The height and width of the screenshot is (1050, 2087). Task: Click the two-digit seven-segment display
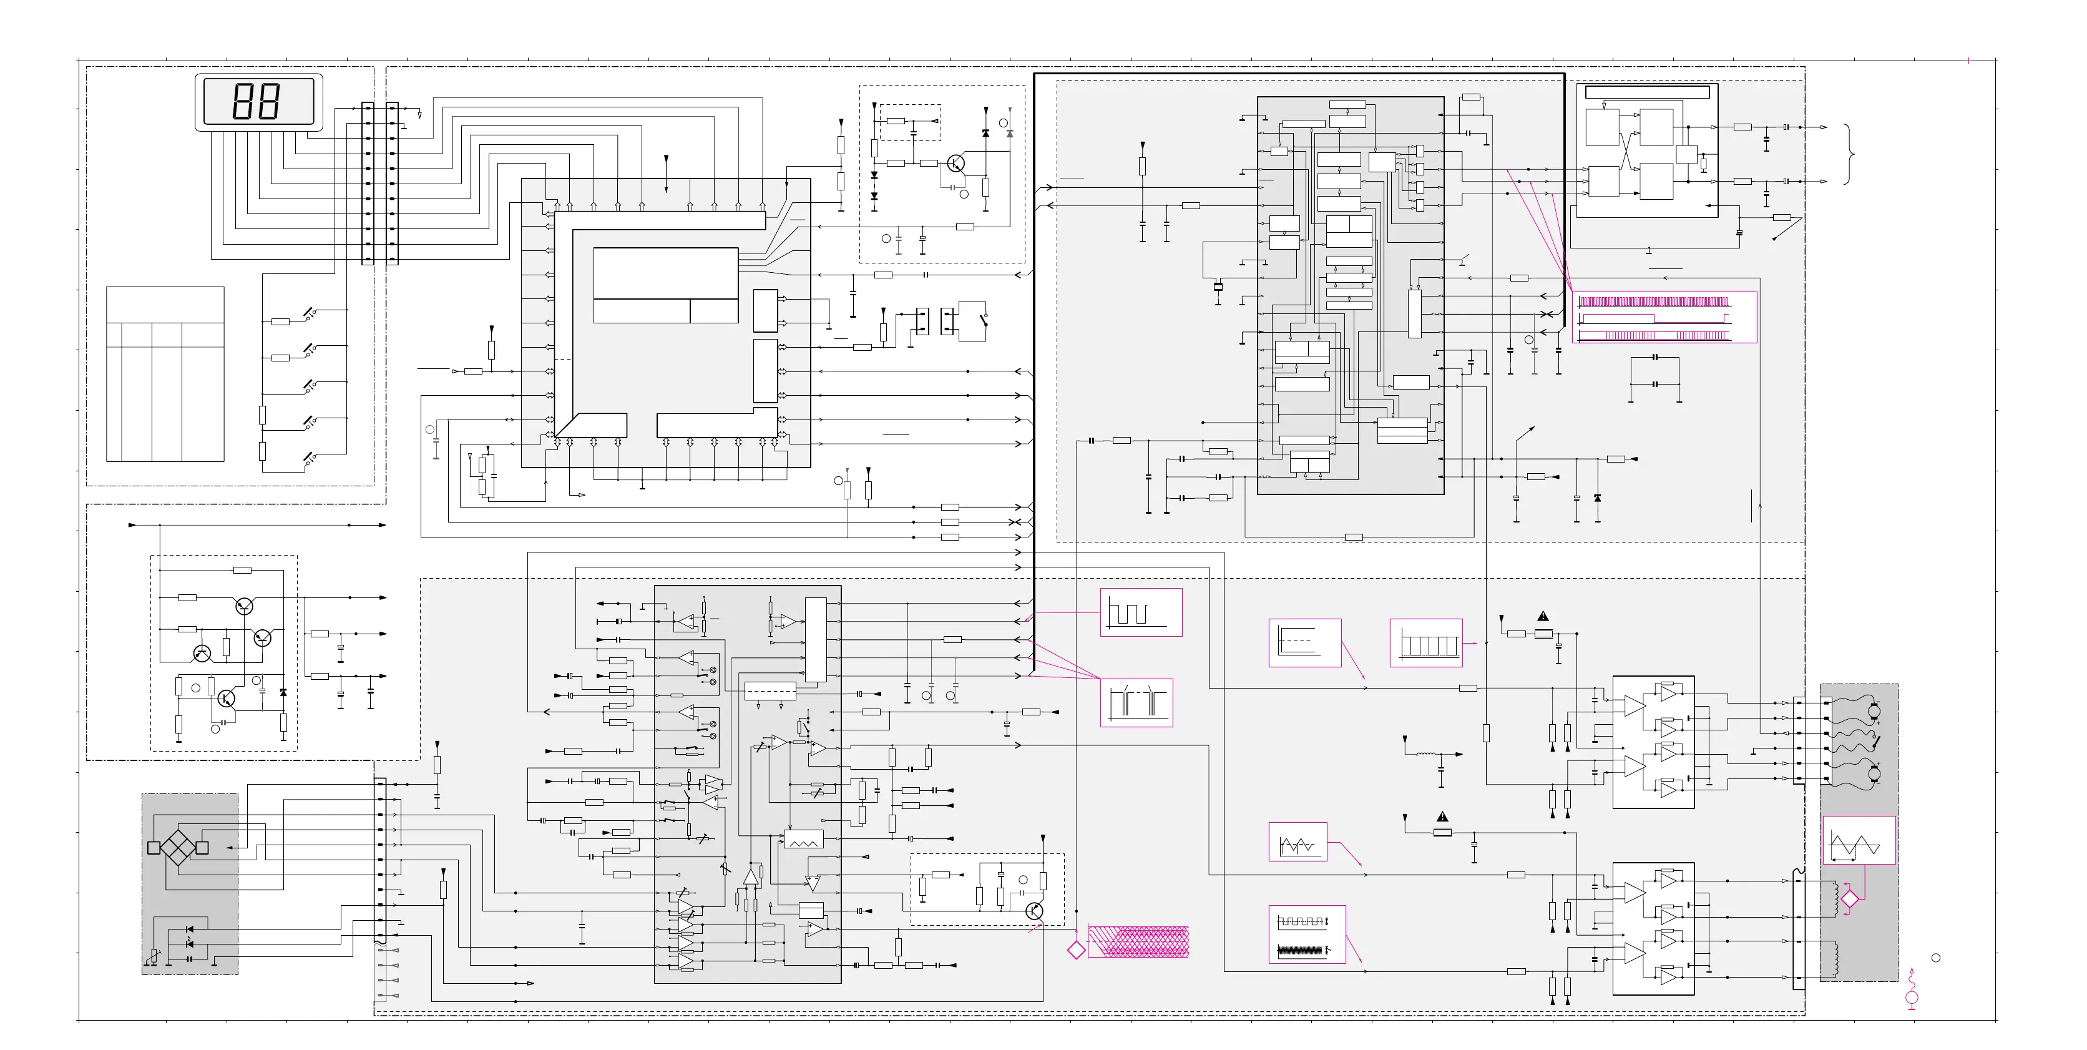(258, 101)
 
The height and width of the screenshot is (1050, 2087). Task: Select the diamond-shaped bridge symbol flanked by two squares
(177, 848)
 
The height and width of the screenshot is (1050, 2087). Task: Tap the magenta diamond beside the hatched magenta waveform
(1076, 950)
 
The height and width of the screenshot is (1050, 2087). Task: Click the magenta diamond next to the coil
(1850, 898)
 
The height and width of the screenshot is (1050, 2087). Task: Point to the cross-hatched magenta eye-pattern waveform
(1138, 941)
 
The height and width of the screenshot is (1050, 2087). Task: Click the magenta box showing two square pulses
(1141, 612)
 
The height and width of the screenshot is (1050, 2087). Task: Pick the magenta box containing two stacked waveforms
(1306, 934)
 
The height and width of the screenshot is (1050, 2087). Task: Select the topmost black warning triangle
(1543, 617)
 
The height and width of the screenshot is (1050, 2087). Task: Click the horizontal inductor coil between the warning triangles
(1427, 755)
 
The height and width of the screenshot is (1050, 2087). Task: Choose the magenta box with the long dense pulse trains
(1664, 318)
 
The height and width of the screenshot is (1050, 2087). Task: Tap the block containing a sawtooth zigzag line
(803, 840)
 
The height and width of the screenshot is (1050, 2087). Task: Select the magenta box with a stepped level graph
(1304, 642)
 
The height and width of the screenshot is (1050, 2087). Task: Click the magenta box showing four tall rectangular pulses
(1426, 642)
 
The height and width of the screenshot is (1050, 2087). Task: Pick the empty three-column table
(165, 375)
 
